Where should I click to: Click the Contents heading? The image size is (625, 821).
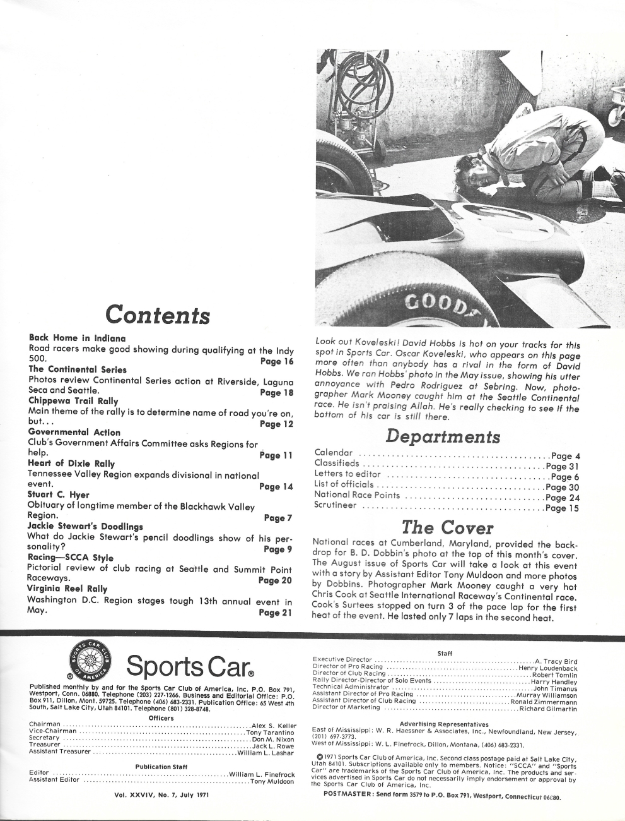158,314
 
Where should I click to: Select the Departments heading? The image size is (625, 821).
443,436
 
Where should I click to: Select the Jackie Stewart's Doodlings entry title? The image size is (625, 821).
86,526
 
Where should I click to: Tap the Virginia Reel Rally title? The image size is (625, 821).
67,589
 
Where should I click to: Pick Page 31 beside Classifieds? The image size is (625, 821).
561,466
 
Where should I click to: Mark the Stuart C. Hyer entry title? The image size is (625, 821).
59,494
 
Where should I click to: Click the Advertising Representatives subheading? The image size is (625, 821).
445,724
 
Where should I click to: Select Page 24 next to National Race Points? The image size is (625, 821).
561,496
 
